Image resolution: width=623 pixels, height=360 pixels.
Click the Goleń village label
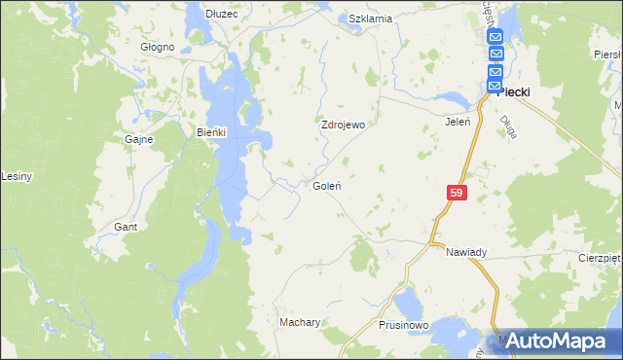(x=325, y=185)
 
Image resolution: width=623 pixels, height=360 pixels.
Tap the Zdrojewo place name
(x=343, y=126)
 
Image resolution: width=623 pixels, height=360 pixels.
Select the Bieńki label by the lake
(x=211, y=133)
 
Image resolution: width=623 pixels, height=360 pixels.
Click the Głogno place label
(x=157, y=47)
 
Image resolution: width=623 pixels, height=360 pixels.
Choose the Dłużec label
(x=224, y=13)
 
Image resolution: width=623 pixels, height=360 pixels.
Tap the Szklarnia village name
(x=370, y=18)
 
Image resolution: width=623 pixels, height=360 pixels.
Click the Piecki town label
(x=513, y=92)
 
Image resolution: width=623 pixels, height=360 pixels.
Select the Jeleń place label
(x=458, y=123)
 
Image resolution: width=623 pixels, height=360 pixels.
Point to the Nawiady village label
(x=466, y=252)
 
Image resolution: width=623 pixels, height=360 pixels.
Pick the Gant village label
(x=126, y=227)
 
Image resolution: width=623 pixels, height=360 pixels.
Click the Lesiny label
(x=18, y=176)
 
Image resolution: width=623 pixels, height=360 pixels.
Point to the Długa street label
(x=507, y=127)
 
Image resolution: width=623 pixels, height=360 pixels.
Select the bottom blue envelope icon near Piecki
(x=495, y=86)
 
